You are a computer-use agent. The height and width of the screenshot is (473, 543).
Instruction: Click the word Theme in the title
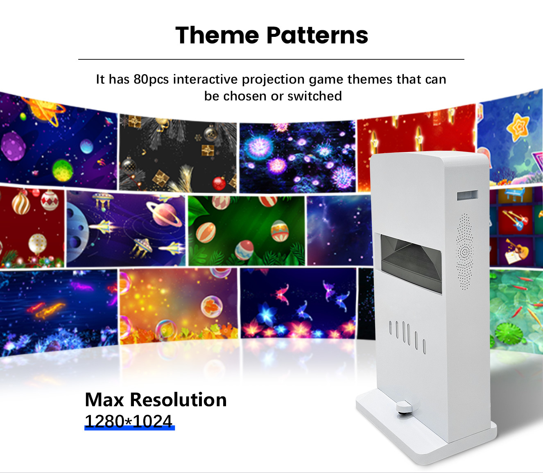(x=217, y=35)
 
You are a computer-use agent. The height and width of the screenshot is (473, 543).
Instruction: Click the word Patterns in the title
(x=317, y=35)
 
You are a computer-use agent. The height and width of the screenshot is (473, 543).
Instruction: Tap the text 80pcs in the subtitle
(x=151, y=79)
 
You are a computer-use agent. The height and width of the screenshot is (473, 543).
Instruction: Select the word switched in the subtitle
(x=314, y=96)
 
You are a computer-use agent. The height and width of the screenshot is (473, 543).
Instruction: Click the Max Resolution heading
(x=156, y=400)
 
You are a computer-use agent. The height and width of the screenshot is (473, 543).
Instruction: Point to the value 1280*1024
(x=129, y=421)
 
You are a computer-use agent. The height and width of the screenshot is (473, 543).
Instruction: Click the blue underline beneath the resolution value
(x=129, y=428)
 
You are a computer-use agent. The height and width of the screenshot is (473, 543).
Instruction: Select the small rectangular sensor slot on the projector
(x=467, y=195)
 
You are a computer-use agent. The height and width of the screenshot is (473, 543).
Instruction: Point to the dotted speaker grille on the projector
(x=464, y=251)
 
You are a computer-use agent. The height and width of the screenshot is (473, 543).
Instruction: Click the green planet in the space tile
(x=63, y=170)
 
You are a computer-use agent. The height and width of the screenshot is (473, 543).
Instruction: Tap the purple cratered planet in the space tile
(x=13, y=146)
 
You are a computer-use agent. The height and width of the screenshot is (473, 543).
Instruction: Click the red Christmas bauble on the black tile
(x=219, y=183)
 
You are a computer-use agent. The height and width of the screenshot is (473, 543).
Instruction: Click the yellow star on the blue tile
(x=518, y=127)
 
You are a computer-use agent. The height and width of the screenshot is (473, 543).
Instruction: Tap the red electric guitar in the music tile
(x=514, y=220)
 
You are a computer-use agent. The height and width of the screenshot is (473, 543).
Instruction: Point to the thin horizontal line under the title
(x=271, y=59)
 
